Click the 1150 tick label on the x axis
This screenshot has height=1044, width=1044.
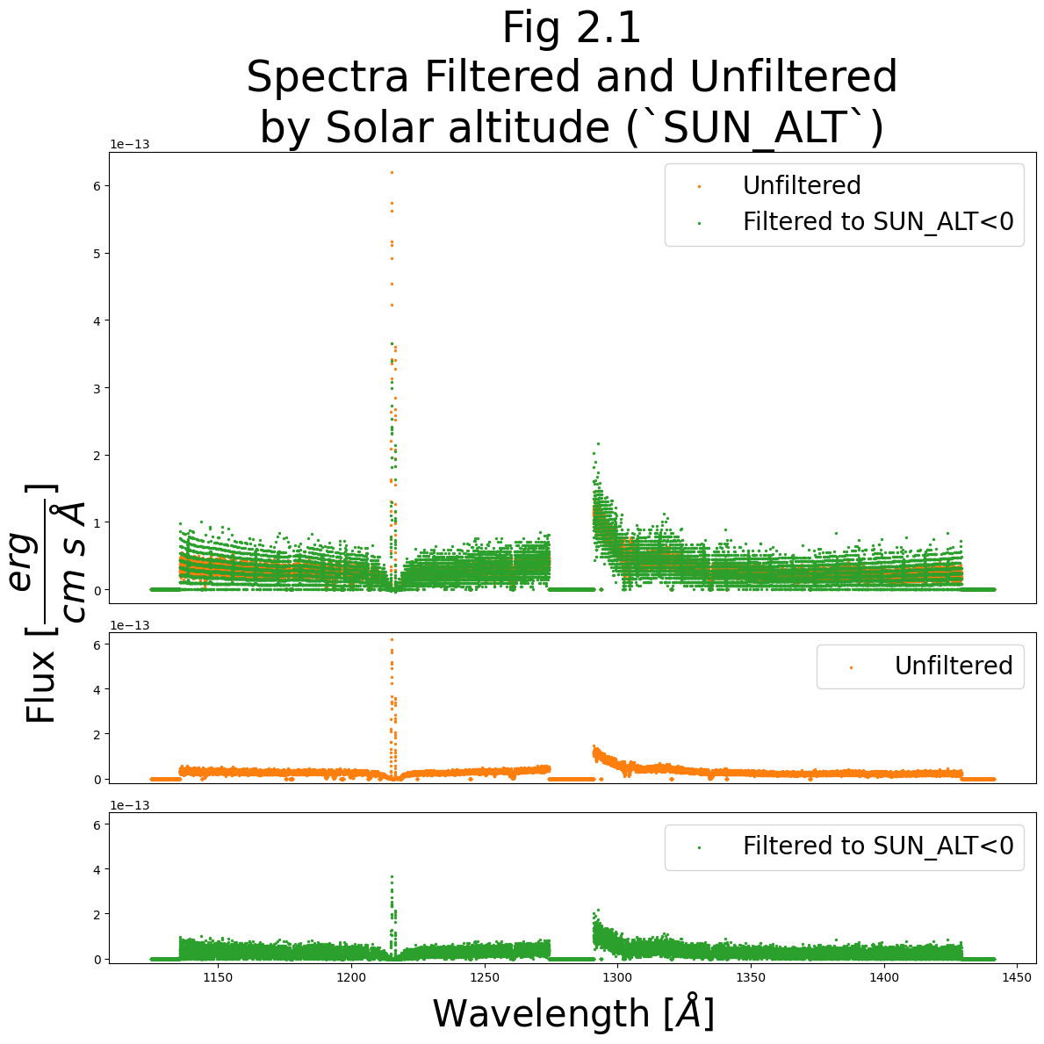point(217,977)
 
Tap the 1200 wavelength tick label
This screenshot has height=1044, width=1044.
point(350,977)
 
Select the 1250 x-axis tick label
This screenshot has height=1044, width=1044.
point(484,977)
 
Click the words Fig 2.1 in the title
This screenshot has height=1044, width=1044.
point(572,29)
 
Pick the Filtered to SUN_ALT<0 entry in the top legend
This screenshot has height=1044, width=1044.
point(877,221)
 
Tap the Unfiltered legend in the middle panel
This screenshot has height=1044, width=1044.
point(953,666)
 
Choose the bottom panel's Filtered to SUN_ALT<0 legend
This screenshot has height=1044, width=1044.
point(877,846)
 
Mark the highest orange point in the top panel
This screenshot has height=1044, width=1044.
point(392,172)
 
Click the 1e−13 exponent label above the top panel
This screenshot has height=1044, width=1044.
point(129,144)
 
